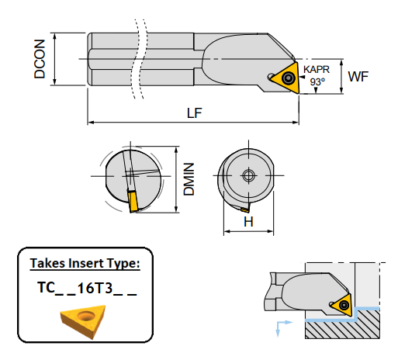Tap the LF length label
(195, 113)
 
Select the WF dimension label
(358, 76)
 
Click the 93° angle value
(317, 81)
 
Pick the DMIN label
(188, 178)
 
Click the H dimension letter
(249, 222)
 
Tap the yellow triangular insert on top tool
(284, 78)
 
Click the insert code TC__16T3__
(86, 288)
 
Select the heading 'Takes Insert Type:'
(85, 264)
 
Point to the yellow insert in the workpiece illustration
(342, 305)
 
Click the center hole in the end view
(249, 175)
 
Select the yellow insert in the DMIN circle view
(133, 202)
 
